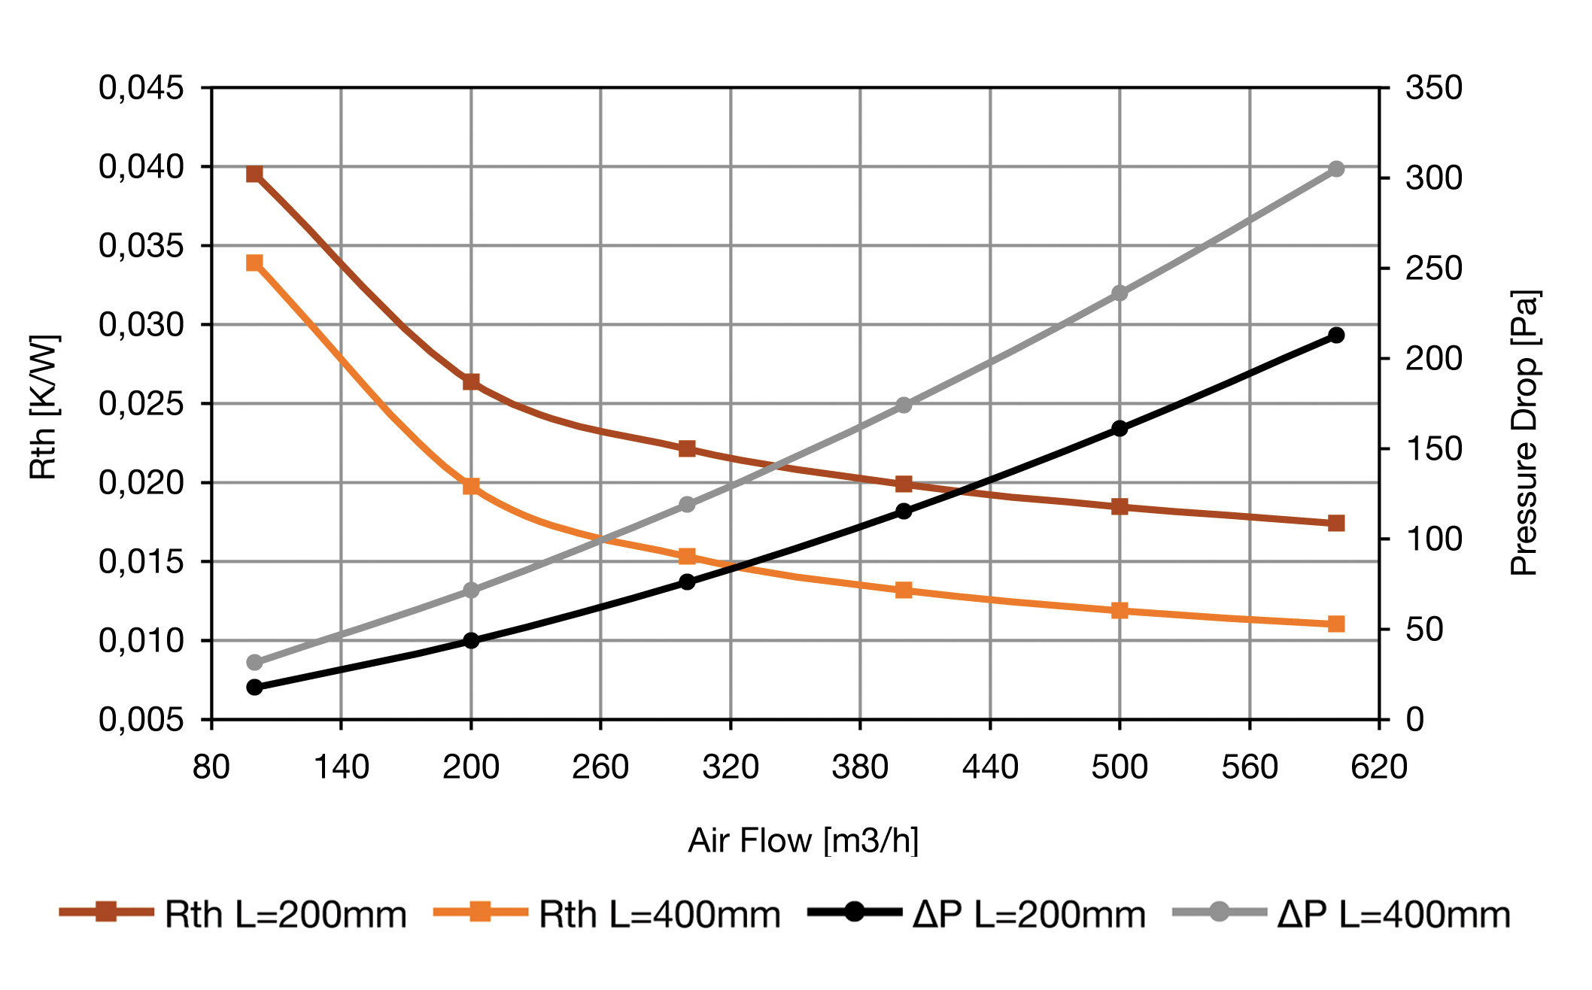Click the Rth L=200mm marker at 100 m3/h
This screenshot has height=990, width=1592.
click(254, 175)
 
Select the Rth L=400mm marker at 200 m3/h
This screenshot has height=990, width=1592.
click(471, 486)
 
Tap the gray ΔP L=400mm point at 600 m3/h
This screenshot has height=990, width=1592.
click(1336, 169)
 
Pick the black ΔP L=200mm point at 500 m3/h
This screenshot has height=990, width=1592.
click(1120, 429)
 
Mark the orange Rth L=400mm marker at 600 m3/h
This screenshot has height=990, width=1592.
click(1336, 624)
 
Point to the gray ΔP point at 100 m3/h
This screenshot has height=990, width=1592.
click(254, 662)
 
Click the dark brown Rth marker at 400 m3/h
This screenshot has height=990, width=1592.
click(904, 484)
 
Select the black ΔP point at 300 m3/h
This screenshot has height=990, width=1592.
click(687, 582)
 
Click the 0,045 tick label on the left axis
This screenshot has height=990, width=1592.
click(141, 88)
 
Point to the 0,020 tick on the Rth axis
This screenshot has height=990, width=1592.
click(141, 483)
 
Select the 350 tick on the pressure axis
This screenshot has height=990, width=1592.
click(1434, 88)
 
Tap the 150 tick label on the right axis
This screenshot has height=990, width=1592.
click(1434, 449)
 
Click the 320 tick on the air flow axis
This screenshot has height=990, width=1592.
click(730, 767)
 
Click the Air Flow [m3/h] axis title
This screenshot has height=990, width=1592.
click(803, 840)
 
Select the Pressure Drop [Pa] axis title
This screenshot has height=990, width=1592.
click(1524, 433)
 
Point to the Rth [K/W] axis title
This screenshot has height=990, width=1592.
click(44, 406)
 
